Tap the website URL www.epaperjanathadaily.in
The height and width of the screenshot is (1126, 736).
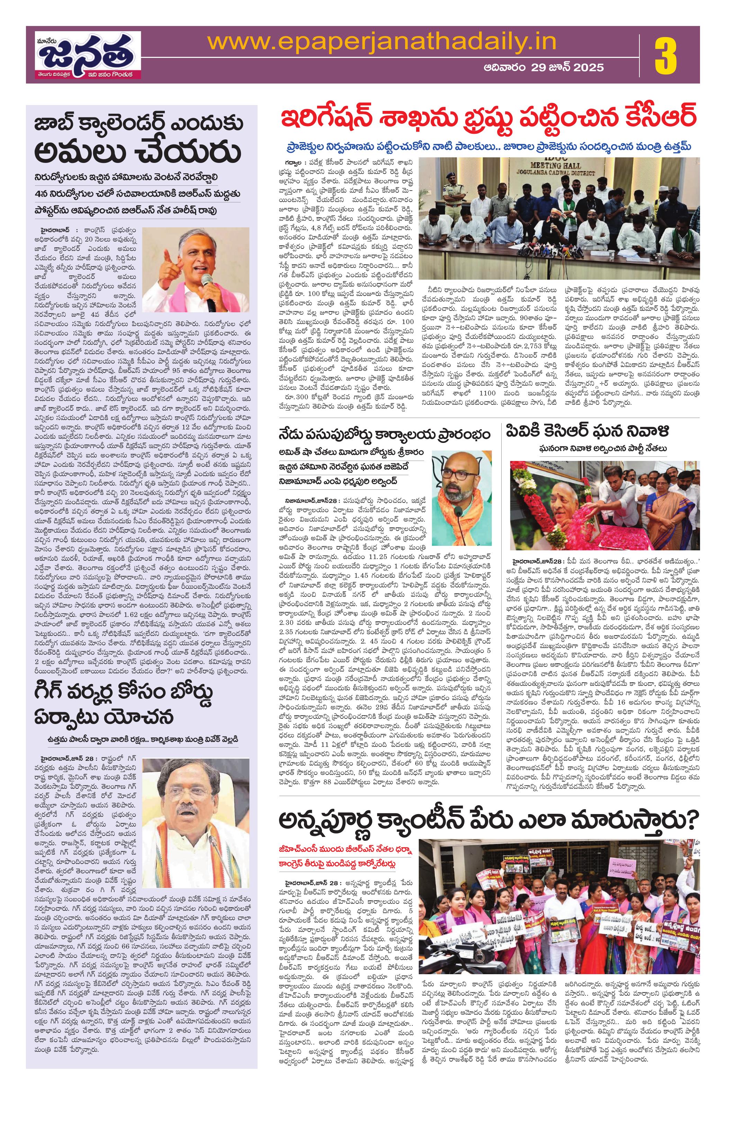click(x=382, y=43)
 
